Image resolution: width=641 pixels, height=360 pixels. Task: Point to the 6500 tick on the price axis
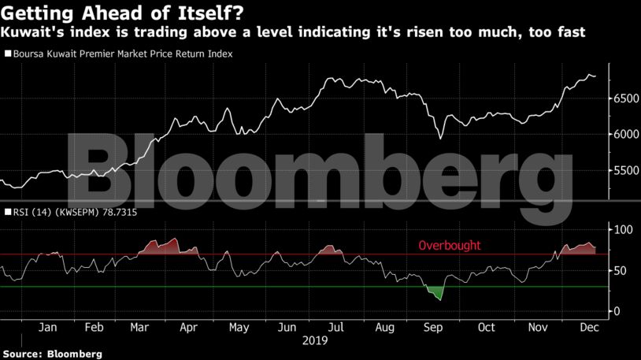(x=627, y=98)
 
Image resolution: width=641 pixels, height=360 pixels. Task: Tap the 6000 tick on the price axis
(x=627, y=135)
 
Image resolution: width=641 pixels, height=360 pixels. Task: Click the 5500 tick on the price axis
(x=627, y=171)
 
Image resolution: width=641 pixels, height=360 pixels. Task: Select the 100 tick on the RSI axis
(x=623, y=229)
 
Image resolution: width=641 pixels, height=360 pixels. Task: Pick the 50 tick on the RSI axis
(x=621, y=271)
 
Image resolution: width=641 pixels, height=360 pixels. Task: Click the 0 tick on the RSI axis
(x=617, y=312)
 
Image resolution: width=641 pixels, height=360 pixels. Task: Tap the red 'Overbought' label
(x=449, y=246)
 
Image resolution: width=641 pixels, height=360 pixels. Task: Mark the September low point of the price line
(x=440, y=139)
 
